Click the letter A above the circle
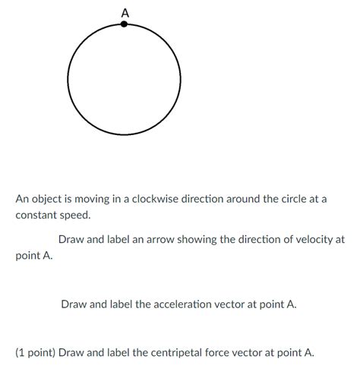click(x=125, y=11)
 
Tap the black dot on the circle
click(x=125, y=24)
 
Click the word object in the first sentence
click(x=51, y=199)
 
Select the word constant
click(x=39, y=215)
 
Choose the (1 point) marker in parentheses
click(x=35, y=353)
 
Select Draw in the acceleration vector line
click(x=74, y=304)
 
